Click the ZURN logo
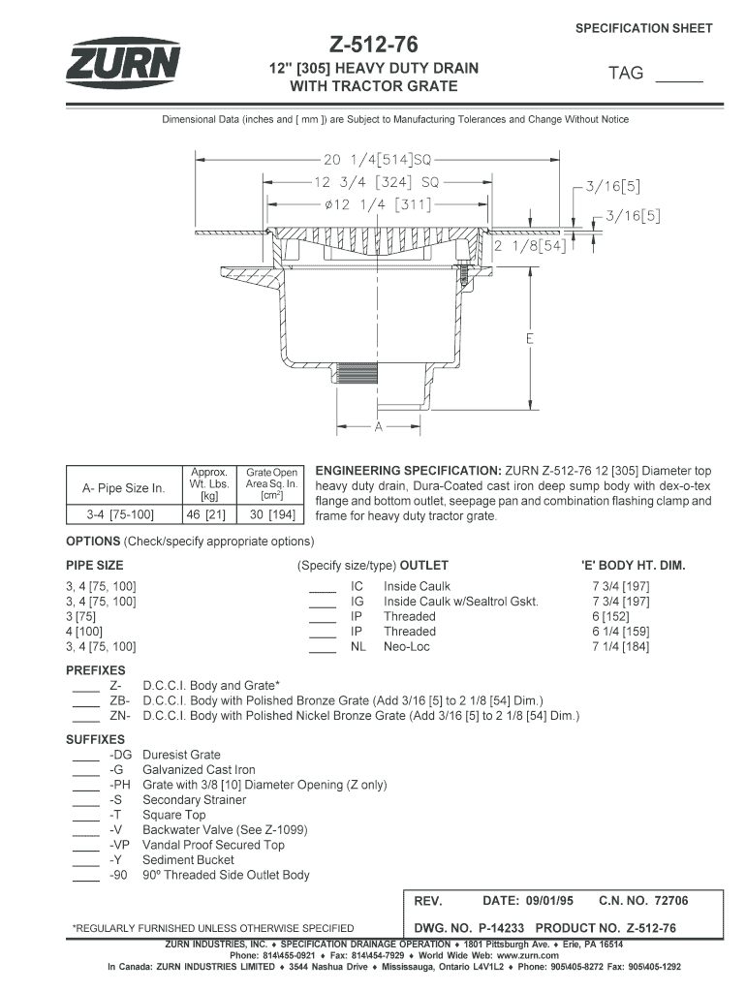coord(123,64)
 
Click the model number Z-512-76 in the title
coord(373,44)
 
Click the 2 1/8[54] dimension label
coord(530,246)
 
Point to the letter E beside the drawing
coord(530,339)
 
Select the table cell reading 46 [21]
coord(206,514)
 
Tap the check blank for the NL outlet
coord(322,648)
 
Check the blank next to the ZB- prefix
coord(85,702)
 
